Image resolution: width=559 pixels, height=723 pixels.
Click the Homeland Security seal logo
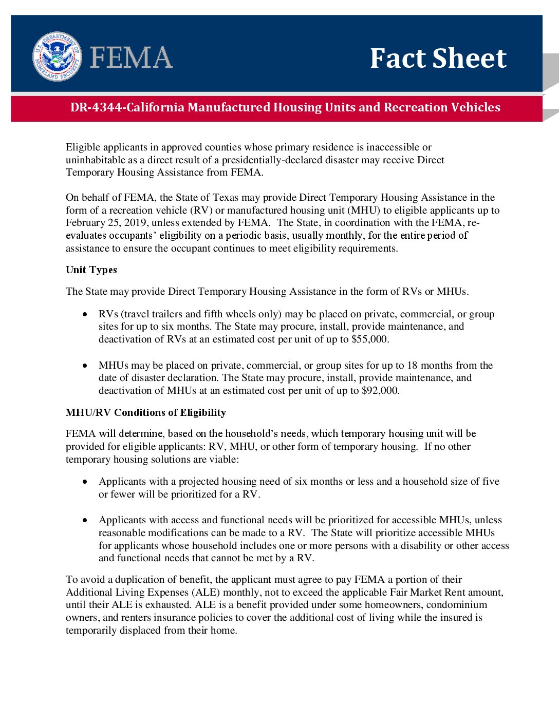click(x=57, y=56)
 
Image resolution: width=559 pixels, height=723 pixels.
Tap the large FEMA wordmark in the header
click(x=132, y=58)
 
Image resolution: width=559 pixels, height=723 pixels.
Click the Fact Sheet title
click(x=438, y=58)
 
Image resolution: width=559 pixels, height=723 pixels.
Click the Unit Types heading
click(x=91, y=270)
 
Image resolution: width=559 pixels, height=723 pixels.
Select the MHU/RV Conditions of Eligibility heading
click(x=146, y=413)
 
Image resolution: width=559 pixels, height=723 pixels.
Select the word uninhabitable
click(x=96, y=160)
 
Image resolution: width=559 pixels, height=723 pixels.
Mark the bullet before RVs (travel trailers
click(x=85, y=314)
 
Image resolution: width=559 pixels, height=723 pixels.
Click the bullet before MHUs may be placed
click(x=85, y=366)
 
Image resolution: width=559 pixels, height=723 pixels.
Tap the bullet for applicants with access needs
click(x=85, y=520)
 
